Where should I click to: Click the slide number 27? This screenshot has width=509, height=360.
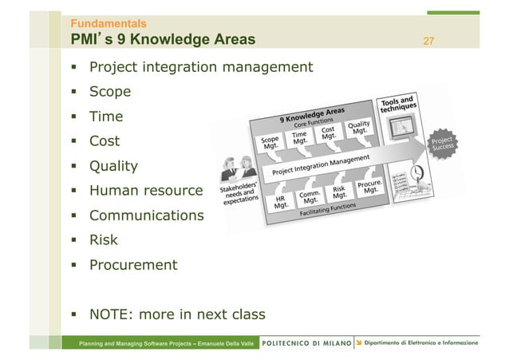click(428, 41)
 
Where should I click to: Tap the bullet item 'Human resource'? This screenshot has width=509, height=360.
click(145, 191)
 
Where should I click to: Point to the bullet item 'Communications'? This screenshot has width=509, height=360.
click(146, 216)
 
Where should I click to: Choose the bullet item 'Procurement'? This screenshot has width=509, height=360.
click(133, 265)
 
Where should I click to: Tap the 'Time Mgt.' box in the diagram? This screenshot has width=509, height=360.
click(299, 140)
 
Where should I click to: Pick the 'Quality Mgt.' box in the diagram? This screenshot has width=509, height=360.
click(357, 129)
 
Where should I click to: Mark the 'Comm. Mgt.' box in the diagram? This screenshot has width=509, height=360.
click(310, 196)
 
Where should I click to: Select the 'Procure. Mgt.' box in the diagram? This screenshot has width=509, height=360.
click(367, 187)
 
